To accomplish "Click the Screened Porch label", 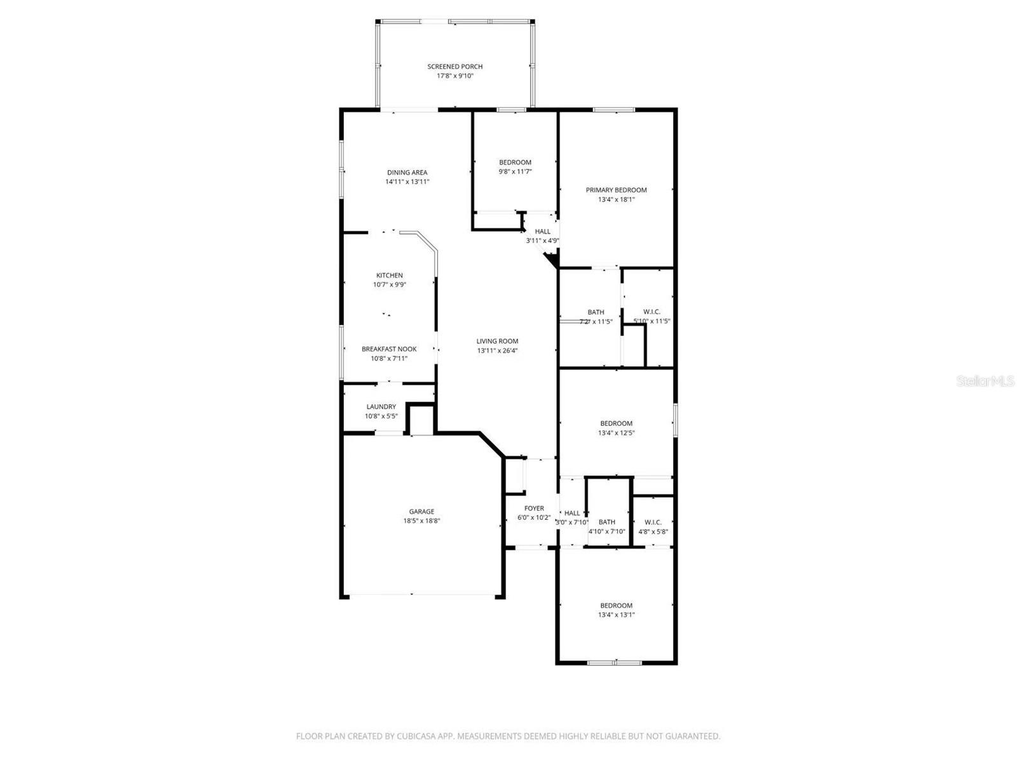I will coord(454,66).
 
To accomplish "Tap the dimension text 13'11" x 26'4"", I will coord(498,351).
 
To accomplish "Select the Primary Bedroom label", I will coord(616,190).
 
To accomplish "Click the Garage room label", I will coord(421,512).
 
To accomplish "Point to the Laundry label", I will coord(381,407).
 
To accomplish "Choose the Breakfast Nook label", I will coord(389,349).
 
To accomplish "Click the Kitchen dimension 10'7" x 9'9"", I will coord(389,285).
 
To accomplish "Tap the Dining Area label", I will coord(407,172).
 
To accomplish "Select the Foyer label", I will coord(534,508).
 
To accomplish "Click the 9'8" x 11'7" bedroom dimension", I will coord(515,172).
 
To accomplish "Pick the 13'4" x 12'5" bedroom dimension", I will coord(616,433).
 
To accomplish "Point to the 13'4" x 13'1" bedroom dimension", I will coord(616,615).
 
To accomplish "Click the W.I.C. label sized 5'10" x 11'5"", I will coord(652,311).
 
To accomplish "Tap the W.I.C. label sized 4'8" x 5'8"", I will coord(653,522).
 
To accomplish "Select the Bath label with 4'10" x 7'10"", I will coord(606,522).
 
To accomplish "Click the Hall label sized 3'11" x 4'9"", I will coord(542,231).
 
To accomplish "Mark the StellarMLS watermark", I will coord(985,381).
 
